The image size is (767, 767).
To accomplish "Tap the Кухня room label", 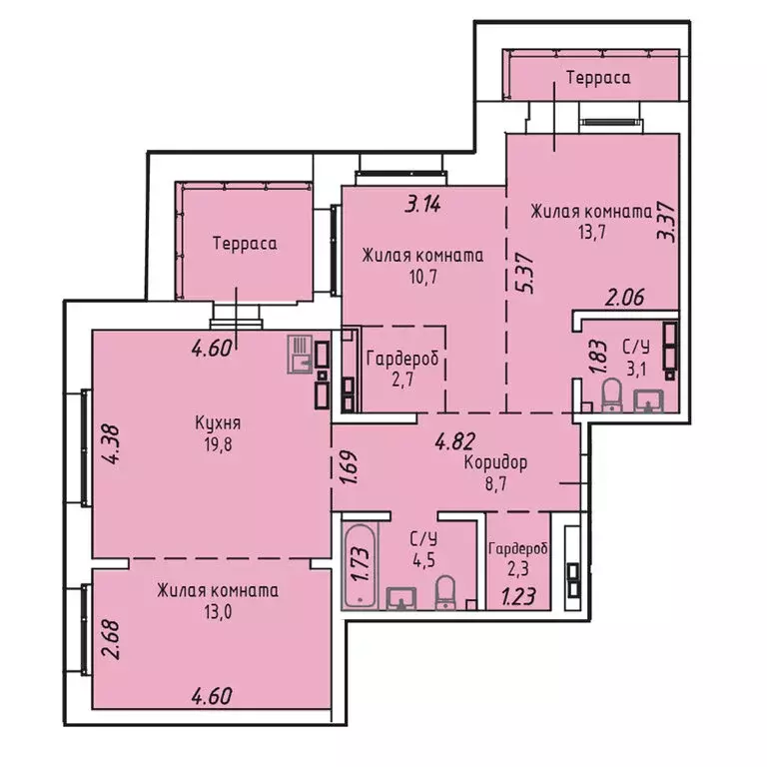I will pos(218,422).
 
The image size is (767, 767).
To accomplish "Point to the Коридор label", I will pos(495,463).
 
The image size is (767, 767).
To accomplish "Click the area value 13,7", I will pos(590,232).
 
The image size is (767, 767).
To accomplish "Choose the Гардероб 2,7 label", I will pos(402,360).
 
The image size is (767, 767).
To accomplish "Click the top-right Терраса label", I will pos(597,77).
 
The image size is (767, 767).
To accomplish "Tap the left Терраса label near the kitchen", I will pos(244,243).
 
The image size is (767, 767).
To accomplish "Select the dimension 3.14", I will pos(422,207).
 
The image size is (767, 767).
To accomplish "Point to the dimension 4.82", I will pos(453,436).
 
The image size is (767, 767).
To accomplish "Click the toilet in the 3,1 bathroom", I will pos(611,398).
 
